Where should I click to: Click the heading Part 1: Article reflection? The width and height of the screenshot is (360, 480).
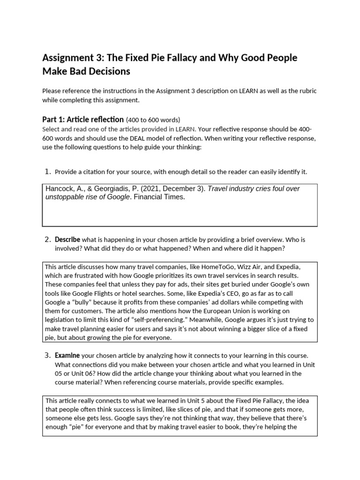click(x=83, y=119)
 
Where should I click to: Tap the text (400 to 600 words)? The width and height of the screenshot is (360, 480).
click(x=153, y=120)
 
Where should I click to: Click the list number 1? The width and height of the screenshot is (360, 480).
click(x=47, y=172)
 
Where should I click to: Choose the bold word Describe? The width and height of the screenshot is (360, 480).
click(x=67, y=239)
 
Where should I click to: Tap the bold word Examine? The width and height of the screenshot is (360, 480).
click(x=67, y=355)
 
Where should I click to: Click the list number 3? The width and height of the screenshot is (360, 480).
click(x=47, y=355)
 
